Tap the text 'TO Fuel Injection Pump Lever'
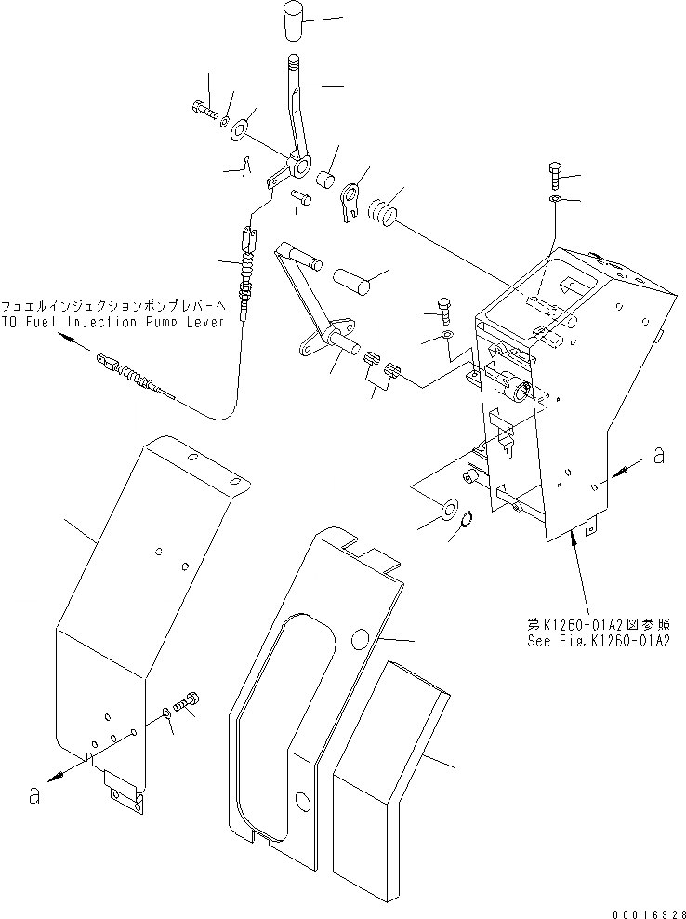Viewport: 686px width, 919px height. pos(112,322)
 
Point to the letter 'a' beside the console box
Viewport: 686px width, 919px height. pos(658,455)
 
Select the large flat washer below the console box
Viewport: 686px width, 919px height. pos(447,509)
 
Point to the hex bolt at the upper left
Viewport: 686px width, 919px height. pos(205,111)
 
